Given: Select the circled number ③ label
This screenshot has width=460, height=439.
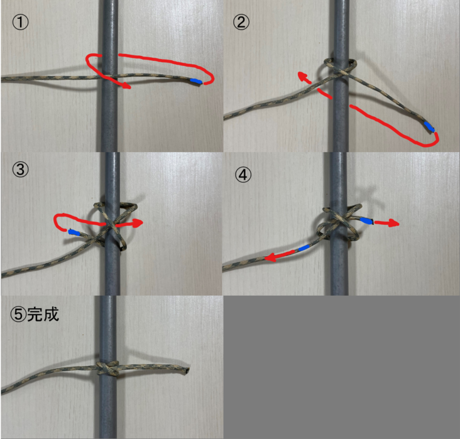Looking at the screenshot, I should point(19,169).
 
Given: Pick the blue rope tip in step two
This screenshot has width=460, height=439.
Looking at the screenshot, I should point(429,127).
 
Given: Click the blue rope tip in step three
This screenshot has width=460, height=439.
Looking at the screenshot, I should point(74,234).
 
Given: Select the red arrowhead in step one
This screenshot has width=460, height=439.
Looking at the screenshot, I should point(125,86).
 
